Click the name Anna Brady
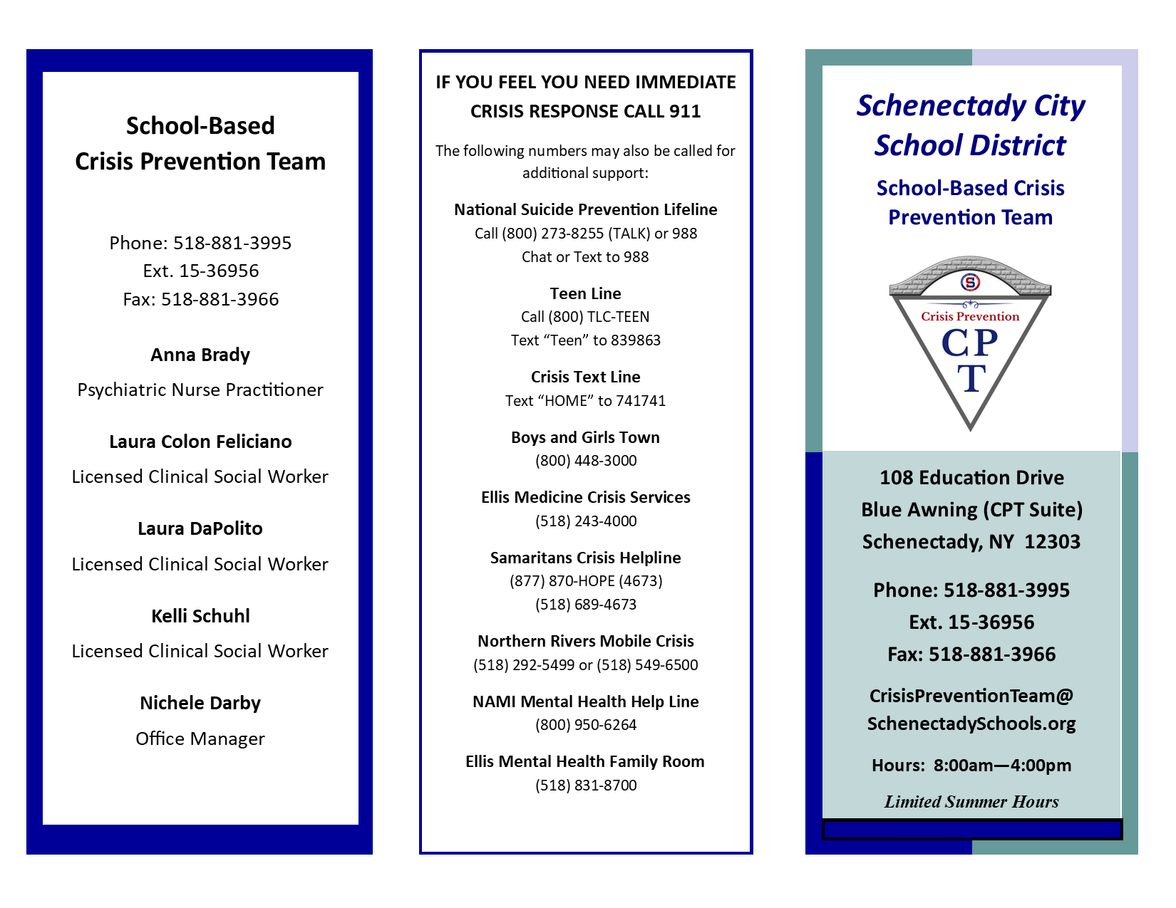coord(200,355)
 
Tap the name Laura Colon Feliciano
coord(200,442)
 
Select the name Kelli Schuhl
coord(200,616)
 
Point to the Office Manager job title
coord(200,739)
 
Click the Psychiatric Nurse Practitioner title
coord(200,390)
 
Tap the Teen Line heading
coord(586,293)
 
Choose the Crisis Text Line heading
coord(586,377)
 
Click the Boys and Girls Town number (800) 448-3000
coord(586,461)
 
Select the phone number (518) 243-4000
coord(586,521)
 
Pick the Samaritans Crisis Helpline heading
coord(586,558)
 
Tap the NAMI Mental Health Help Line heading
coord(586,701)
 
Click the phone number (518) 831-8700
coord(586,786)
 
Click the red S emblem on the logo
coord(970,282)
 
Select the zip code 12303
coord(1052,542)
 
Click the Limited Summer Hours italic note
coord(971,802)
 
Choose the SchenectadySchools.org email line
coord(971,724)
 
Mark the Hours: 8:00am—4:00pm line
coord(971,766)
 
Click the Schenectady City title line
coord(971,106)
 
